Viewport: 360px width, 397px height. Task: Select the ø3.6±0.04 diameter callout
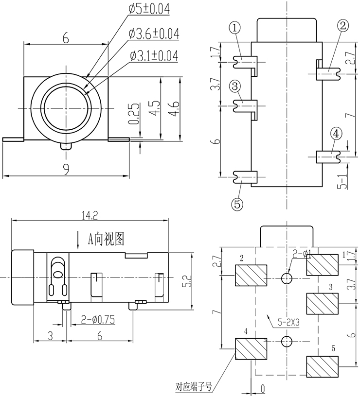[x=154, y=34]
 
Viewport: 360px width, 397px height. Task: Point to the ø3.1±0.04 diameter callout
[x=154, y=56]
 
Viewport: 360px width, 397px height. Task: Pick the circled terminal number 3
[x=235, y=86]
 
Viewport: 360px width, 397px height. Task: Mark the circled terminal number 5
[x=237, y=205]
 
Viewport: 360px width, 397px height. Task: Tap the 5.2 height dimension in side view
[x=188, y=280]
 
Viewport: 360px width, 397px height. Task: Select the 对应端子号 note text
[x=194, y=387]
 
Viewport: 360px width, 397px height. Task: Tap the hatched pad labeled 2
[x=251, y=276]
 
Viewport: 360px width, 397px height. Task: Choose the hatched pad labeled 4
[x=251, y=349]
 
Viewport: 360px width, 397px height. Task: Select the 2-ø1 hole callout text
[x=302, y=253]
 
